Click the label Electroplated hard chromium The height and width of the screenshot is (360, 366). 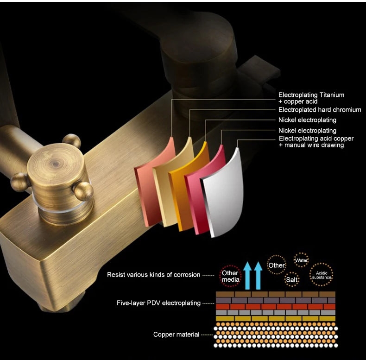pyautogui.click(x=320, y=110)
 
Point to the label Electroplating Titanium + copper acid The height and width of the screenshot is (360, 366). pyautogui.click(x=311, y=98)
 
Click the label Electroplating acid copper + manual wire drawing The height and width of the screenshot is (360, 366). pyautogui.click(x=316, y=142)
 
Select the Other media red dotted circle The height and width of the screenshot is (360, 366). pyautogui.click(x=230, y=276)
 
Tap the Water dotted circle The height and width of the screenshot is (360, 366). pyautogui.click(x=301, y=260)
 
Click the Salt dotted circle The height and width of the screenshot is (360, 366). pyautogui.click(x=292, y=279)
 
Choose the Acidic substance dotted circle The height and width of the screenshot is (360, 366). pyautogui.click(x=321, y=275)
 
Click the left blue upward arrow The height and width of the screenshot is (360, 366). pyautogui.click(x=247, y=276)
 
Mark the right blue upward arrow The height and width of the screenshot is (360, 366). pyautogui.click(x=258, y=276)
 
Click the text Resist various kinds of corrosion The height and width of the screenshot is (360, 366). pyautogui.click(x=154, y=275)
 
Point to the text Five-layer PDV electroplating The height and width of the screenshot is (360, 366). pyautogui.click(x=158, y=303)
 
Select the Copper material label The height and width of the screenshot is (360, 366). pyautogui.click(x=176, y=335)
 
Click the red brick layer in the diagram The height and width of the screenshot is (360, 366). pyautogui.click(x=276, y=306)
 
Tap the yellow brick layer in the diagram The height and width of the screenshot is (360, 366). pyautogui.click(x=276, y=318)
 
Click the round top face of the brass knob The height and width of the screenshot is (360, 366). pyautogui.click(x=55, y=164)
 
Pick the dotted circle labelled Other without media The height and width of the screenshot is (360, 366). pyautogui.click(x=277, y=265)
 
